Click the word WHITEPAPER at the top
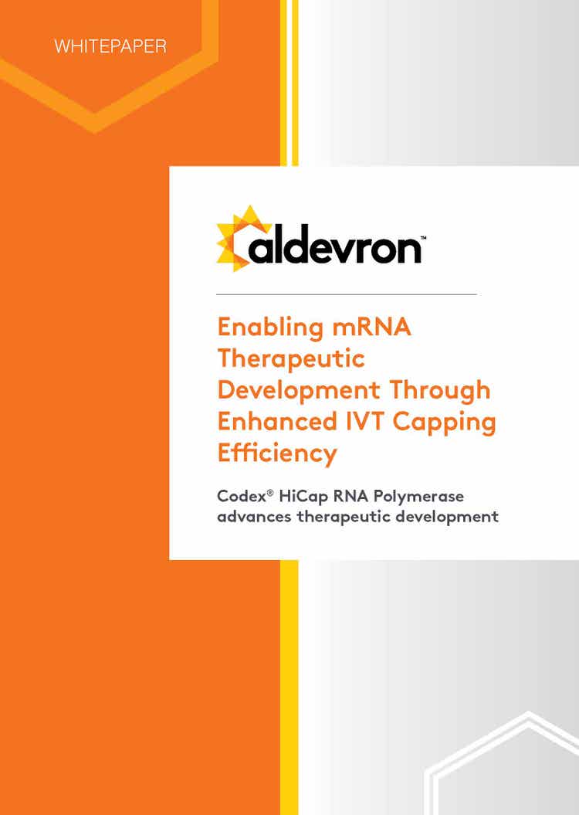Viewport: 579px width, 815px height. tap(110, 46)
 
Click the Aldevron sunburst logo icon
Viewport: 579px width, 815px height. tap(244, 238)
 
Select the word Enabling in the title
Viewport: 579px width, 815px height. tap(270, 328)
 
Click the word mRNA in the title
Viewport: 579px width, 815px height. tap(372, 328)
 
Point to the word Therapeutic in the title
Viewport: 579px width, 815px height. tap(291, 359)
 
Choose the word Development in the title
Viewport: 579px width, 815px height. tap(299, 391)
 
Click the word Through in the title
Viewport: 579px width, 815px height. tap(440, 391)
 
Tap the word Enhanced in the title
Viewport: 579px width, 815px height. tap(278, 421)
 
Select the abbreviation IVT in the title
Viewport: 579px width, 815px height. tap(365, 421)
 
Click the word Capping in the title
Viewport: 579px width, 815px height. tap(444, 423)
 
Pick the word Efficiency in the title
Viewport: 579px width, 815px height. tap(277, 453)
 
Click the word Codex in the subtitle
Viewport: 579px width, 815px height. tap(242, 496)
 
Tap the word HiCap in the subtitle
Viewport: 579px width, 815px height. tap(303, 497)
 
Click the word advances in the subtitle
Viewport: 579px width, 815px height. tap(254, 517)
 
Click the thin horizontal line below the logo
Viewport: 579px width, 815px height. tap(347, 294)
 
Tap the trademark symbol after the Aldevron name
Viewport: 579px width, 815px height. tap(423, 237)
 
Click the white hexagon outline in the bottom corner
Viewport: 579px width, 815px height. tap(431, 779)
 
